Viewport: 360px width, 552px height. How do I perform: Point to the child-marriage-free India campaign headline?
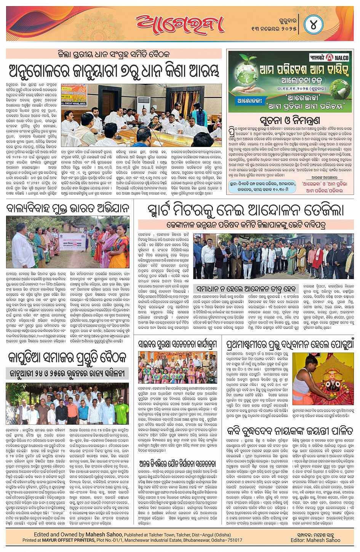tap(68, 208)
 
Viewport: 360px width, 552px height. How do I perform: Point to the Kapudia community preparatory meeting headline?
tap(67, 359)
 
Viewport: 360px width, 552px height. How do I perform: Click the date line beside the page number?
tap(273, 26)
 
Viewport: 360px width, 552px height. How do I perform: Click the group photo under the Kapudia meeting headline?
tap(67, 404)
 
